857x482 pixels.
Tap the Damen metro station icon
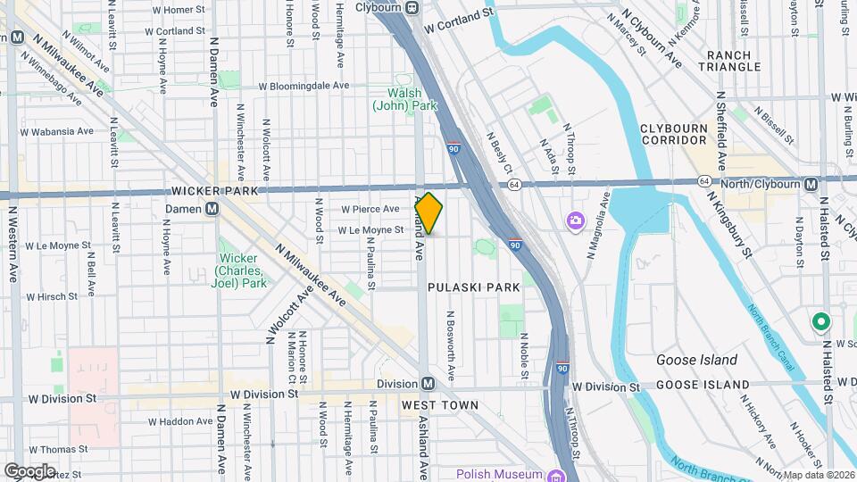tap(212, 209)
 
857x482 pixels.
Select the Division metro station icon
tap(428, 384)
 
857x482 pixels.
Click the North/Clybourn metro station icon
tap(811, 184)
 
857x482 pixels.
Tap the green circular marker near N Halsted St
tap(820, 321)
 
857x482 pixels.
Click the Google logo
tap(29, 470)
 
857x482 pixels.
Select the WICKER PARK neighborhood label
tap(214, 191)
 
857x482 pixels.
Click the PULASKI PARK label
tap(473, 287)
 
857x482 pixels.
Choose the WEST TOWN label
tap(440, 405)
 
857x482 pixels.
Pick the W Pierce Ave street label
tap(370, 209)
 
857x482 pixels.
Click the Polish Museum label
tap(499, 474)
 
